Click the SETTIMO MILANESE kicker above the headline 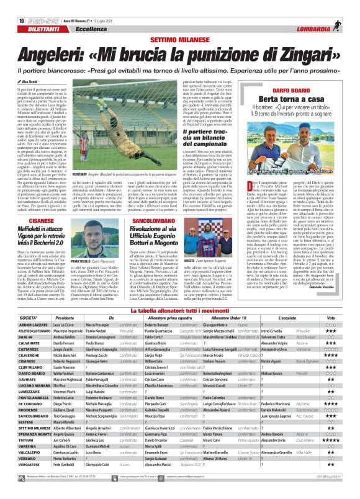click(180, 23)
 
